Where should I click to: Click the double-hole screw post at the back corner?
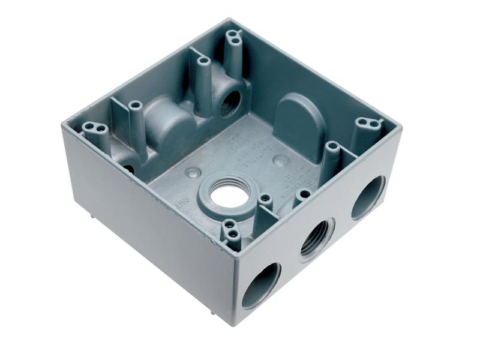click(233, 38)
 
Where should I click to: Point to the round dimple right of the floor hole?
click(280, 160)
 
